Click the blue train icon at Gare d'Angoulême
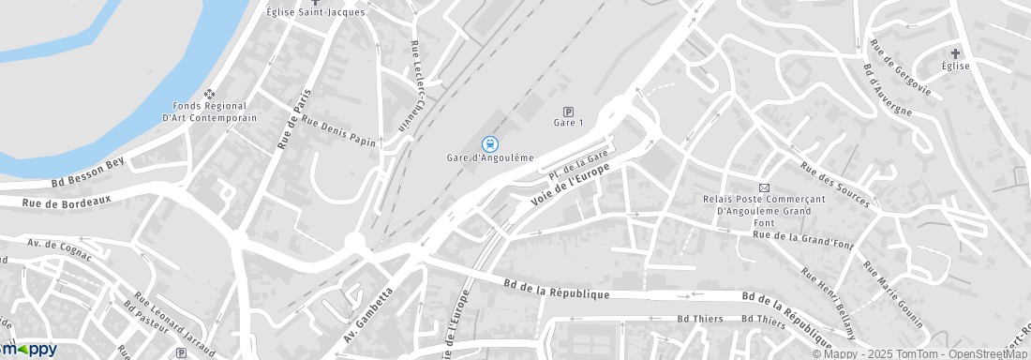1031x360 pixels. tap(488, 143)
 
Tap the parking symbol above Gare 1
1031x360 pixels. tap(568, 111)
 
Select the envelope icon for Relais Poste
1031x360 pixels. tap(763, 187)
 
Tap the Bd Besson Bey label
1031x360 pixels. tap(88, 172)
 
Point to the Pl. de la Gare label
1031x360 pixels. tap(580, 164)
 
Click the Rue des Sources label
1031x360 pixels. tap(833, 185)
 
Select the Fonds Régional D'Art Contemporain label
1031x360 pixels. tap(209, 112)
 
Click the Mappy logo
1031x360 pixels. tap(28, 350)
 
